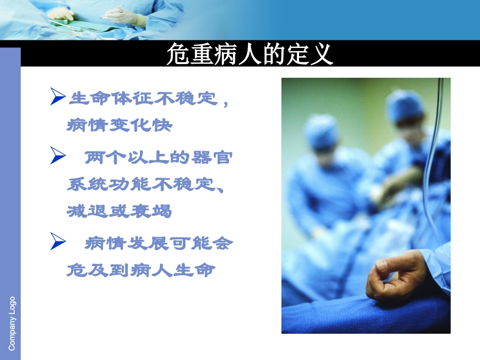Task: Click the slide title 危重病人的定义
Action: pyautogui.click(x=250, y=55)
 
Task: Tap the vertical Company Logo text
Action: pyautogui.click(x=12, y=323)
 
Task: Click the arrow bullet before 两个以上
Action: pyautogui.click(x=59, y=157)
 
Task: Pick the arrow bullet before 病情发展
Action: pyautogui.click(x=59, y=243)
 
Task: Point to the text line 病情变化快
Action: pyautogui.click(x=119, y=125)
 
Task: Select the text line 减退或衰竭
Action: pyautogui.click(x=119, y=211)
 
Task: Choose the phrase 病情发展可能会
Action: pyautogui.click(x=159, y=244)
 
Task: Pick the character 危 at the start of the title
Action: pyautogui.click(x=178, y=55)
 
